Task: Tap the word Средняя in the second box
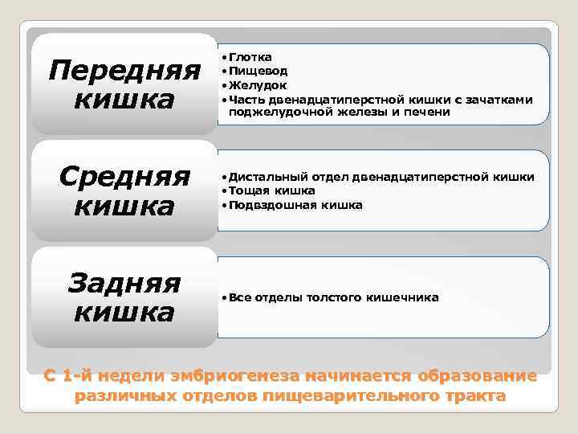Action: [x=124, y=175]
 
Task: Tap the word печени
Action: [x=430, y=113]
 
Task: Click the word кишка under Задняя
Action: [x=124, y=312]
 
